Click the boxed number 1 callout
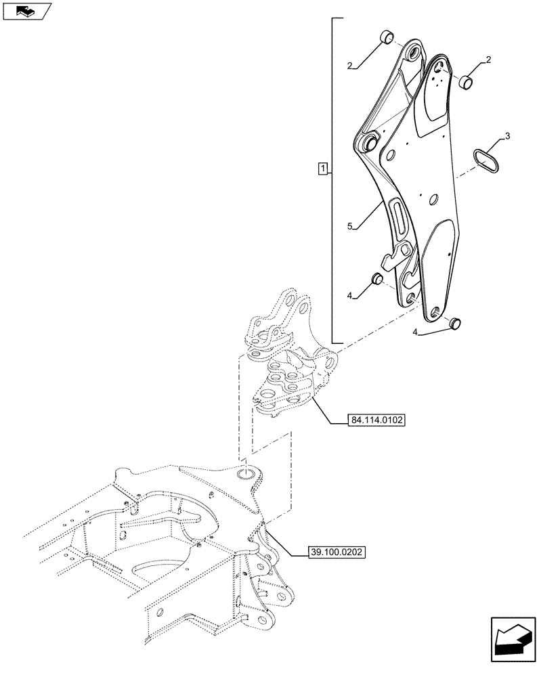323,168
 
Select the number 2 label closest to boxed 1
350,66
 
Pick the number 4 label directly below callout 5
350,295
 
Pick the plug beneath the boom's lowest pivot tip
455,323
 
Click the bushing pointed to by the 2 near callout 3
465,83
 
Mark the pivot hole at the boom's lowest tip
435,311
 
